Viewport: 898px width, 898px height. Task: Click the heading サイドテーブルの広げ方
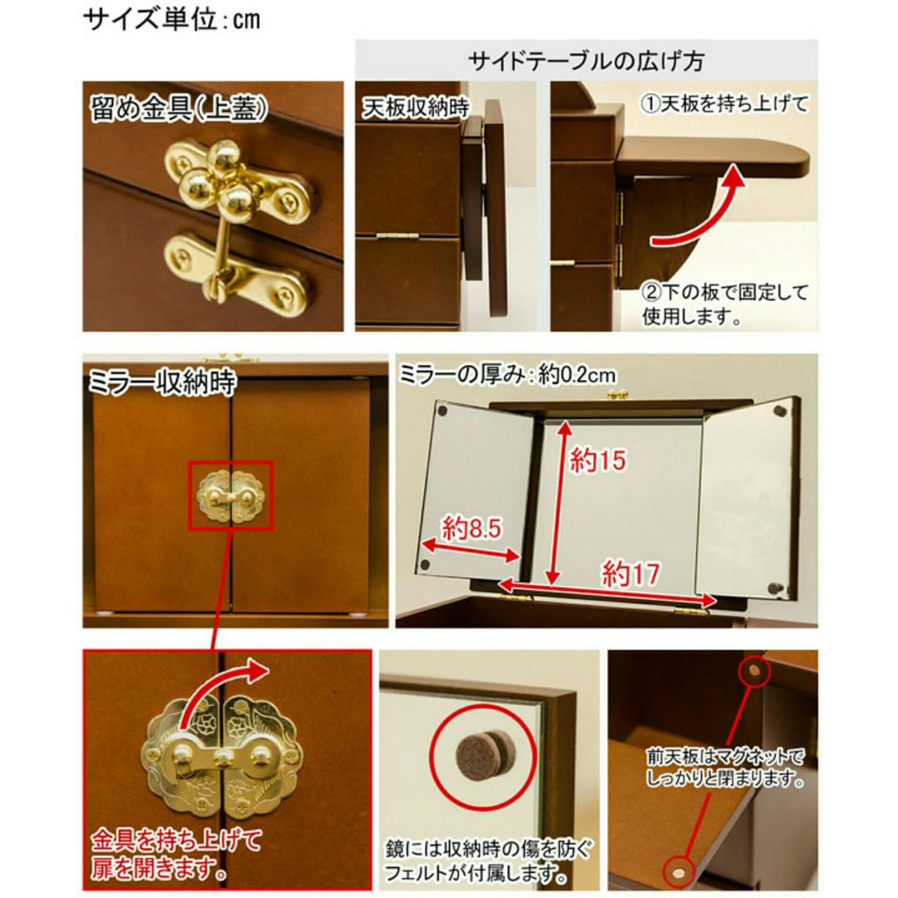[x=586, y=60]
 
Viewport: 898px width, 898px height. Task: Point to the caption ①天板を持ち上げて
[x=724, y=105]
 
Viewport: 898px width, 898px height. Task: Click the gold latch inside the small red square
[x=229, y=496]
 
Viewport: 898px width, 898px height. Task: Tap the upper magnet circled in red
[x=753, y=669]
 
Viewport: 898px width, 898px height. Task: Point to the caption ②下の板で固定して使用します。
[x=724, y=304]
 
